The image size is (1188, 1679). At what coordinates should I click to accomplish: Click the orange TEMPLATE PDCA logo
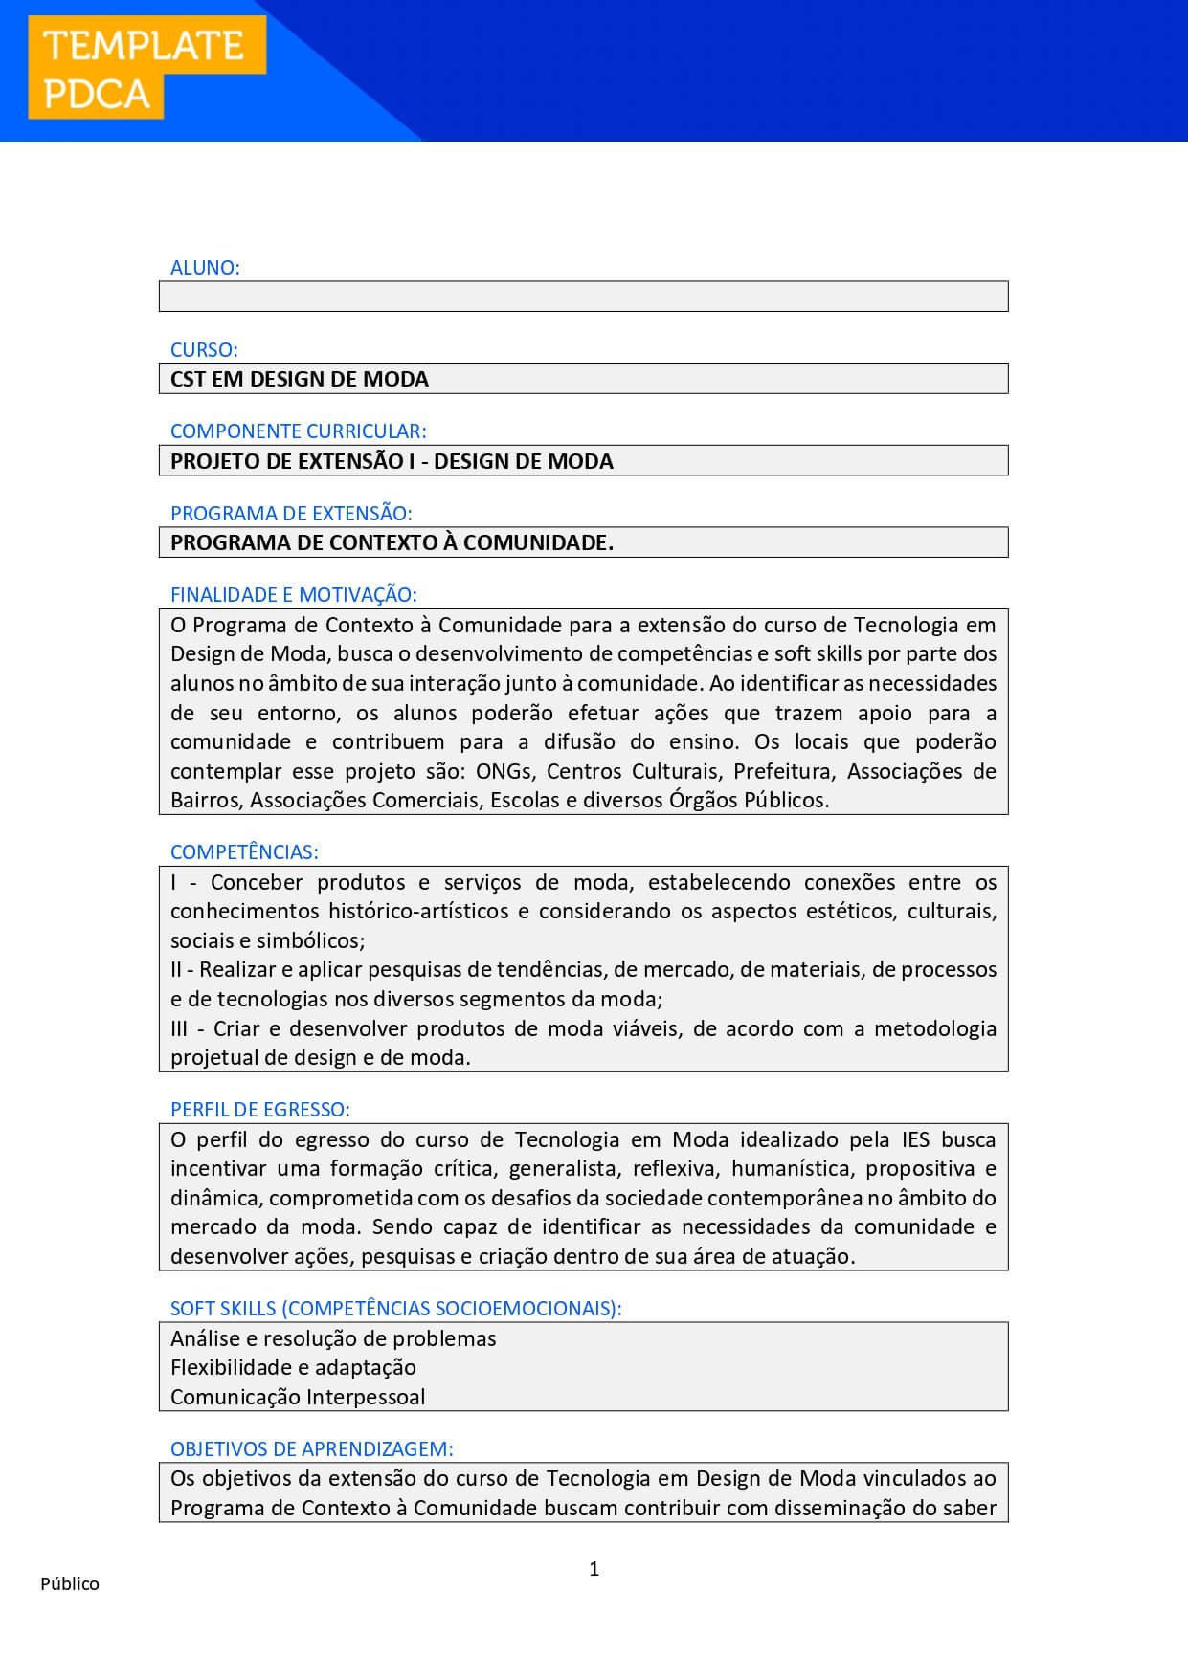click(146, 69)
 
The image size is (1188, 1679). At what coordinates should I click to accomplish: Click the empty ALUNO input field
click(583, 297)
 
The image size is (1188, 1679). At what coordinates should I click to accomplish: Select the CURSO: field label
click(204, 349)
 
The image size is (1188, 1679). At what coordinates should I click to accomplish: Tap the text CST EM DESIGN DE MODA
click(300, 379)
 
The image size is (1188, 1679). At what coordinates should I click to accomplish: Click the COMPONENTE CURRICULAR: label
click(298, 431)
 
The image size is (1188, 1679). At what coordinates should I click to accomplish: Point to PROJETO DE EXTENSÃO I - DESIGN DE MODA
click(392, 461)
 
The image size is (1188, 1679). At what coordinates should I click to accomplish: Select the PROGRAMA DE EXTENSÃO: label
click(291, 513)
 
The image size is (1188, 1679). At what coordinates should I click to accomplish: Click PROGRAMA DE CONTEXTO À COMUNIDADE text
click(392, 542)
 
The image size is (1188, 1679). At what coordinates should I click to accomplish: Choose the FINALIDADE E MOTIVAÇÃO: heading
click(293, 595)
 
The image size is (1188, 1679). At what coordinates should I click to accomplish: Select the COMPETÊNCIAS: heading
click(244, 851)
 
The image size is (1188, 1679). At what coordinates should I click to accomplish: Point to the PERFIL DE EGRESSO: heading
click(259, 1110)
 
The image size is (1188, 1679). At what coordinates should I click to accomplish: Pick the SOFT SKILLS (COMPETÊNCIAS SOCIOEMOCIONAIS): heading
click(395, 1308)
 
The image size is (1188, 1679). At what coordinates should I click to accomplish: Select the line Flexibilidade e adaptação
click(293, 1367)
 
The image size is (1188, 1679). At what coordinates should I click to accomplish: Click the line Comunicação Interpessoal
click(298, 1397)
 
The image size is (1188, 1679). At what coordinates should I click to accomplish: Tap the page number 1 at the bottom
click(594, 1568)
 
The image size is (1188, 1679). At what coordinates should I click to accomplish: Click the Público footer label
click(70, 1583)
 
